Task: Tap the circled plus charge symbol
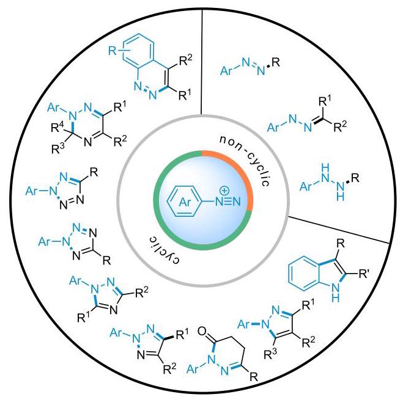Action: [224, 191]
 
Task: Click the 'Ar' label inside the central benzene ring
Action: [185, 202]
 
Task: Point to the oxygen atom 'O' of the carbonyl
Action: [203, 332]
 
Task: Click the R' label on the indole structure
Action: [363, 275]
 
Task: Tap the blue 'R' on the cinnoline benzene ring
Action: [113, 51]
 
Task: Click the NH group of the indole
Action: [335, 292]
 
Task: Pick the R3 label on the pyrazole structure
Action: [271, 354]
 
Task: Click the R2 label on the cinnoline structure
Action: [186, 60]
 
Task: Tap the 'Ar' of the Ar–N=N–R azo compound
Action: [226, 70]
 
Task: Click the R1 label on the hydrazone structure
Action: [325, 101]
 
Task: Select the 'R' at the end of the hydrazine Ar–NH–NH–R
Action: [355, 178]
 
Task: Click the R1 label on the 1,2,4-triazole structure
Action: [84, 317]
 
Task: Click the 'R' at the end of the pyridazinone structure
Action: [254, 377]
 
